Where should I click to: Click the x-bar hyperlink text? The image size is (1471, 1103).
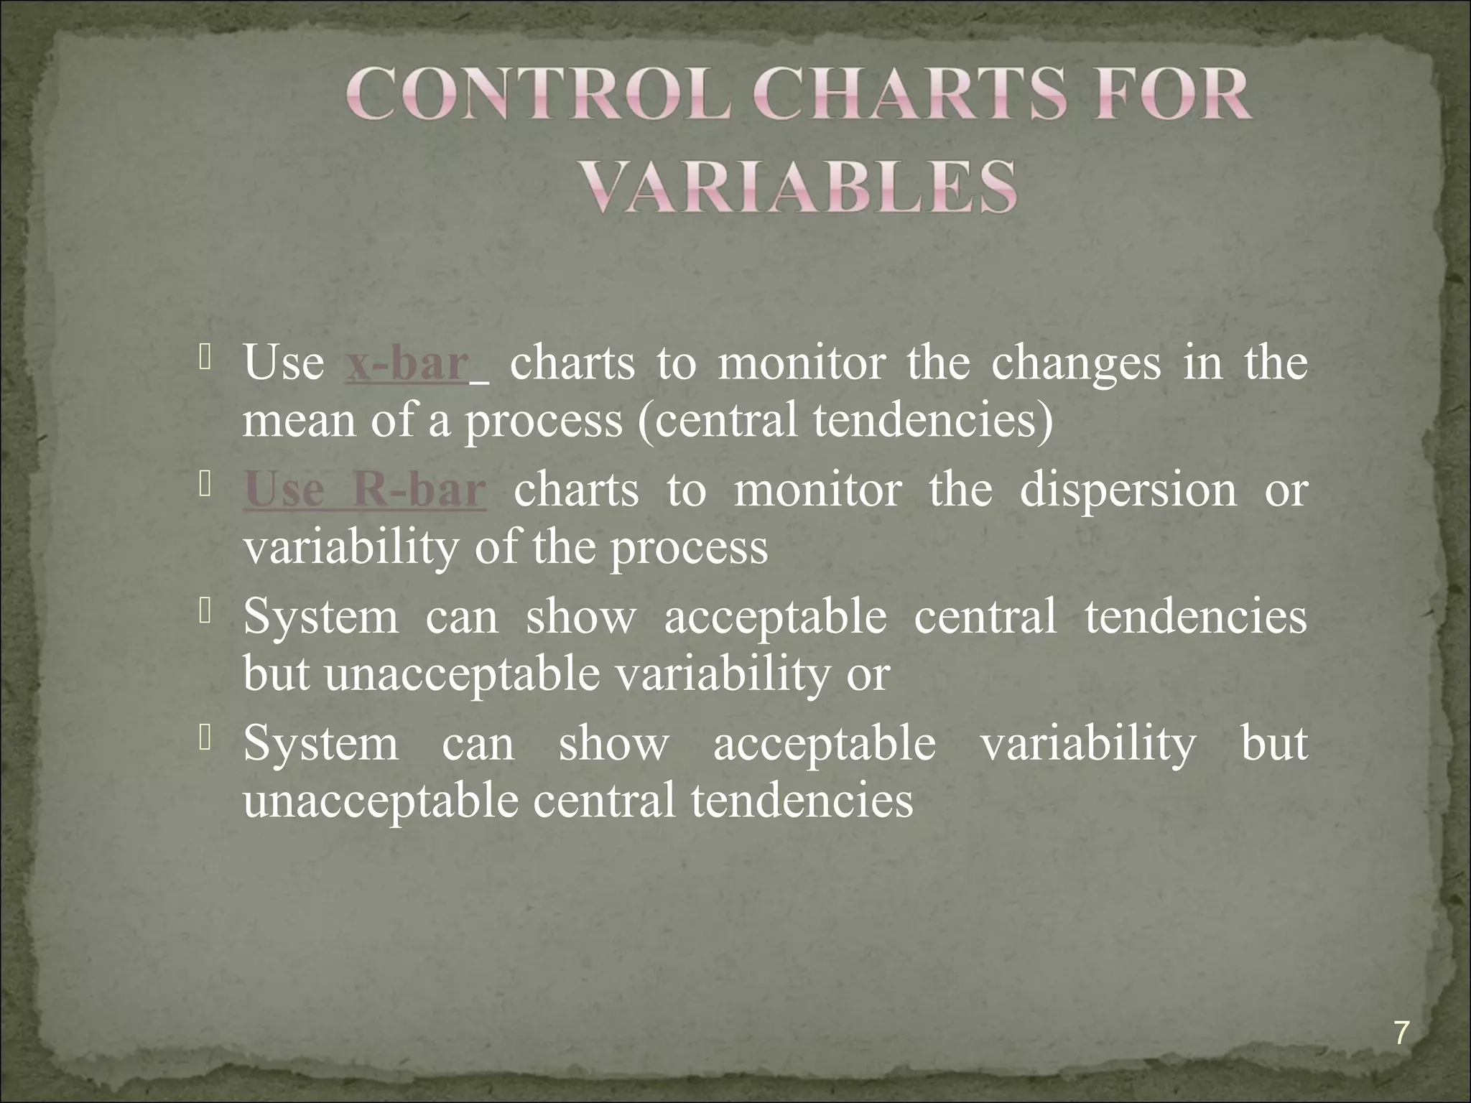pos(407,364)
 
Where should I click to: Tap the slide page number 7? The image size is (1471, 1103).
pos(1401,1034)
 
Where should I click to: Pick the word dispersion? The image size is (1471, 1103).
pos(1128,491)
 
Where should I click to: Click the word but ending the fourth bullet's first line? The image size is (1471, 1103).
pos(1273,743)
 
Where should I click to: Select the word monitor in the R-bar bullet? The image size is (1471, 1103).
pos(817,491)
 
